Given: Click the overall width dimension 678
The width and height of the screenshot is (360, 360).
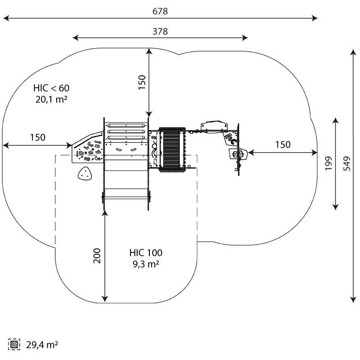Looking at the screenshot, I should point(160,12).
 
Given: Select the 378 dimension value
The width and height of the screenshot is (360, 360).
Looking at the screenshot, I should point(160,31).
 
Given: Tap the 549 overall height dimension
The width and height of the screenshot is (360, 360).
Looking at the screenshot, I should point(347,164).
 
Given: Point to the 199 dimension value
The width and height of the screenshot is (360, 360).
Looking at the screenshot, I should point(329,164).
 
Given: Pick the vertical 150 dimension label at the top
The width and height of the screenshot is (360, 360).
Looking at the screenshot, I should point(142,83).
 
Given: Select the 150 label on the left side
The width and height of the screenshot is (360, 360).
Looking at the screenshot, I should point(38,137).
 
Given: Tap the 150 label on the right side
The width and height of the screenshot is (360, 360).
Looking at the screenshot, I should point(283,144).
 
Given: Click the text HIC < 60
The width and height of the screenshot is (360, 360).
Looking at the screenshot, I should point(51,88).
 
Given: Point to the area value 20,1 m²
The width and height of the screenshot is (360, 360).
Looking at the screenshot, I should point(51,99).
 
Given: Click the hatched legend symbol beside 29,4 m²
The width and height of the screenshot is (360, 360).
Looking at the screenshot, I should point(15,345).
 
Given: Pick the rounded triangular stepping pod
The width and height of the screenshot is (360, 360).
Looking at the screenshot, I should point(84,174).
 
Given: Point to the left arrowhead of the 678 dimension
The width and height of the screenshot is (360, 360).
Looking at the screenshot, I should point(5,18).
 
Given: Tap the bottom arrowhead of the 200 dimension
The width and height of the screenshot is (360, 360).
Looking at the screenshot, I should point(105,299).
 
